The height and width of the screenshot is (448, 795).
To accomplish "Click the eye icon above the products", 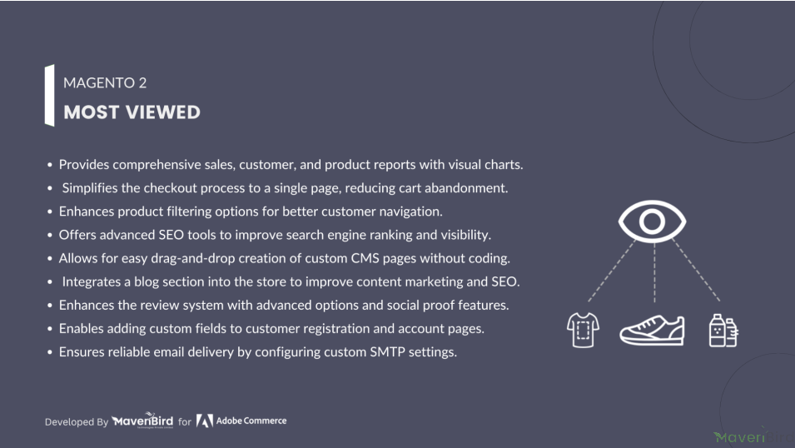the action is click(x=652, y=222).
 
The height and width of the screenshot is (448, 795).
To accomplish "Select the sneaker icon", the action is click(x=652, y=330).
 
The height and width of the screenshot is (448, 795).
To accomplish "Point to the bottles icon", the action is click(x=723, y=331).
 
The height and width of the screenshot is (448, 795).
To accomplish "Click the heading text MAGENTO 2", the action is click(x=105, y=82).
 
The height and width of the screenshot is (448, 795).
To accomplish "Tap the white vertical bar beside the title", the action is click(x=49, y=95).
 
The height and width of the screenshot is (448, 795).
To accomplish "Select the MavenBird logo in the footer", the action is click(x=142, y=421).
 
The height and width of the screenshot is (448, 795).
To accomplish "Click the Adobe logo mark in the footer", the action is click(x=204, y=421).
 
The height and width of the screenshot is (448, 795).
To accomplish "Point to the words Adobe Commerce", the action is click(x=251, y=421).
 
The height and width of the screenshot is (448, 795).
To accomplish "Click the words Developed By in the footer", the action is click(x=77, y=421).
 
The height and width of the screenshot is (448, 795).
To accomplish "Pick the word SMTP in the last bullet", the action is click(x=387, y=351).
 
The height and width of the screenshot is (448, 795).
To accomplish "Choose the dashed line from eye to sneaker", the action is click(x=654, y=273).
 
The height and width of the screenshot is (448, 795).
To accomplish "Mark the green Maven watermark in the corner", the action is click(x=739, y=437).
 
